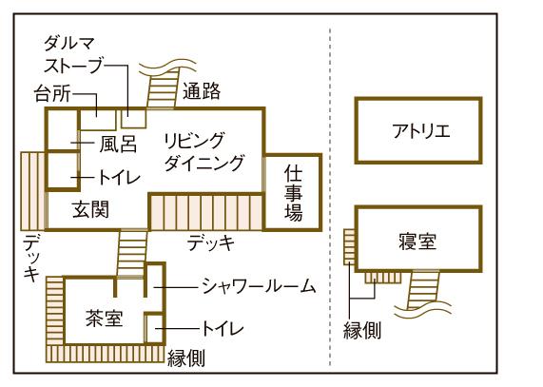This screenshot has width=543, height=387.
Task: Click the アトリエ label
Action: pyautogui.click(x=420, y=131)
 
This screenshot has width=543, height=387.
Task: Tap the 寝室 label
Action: pyautogui.click(x=417, y=242)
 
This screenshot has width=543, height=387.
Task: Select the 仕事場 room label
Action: pyautogui.click(x=293, y=194)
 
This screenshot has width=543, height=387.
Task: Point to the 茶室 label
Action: pyautogui.click(x=104, y=318)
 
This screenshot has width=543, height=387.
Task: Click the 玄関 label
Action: pyautogui.click(x=90, y=209)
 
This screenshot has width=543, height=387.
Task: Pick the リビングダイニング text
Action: pyautogui.click(x=204, y=151)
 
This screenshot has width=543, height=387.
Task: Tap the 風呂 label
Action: pyautogui.click(x=118, y=144)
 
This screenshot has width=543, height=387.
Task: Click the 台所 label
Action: pyautogui.click(x=52, y=93)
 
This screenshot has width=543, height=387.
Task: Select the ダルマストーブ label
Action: pyautogui.click(x=73, y=55)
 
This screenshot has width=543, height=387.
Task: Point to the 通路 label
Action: pyautogui.click(x=202, y=91)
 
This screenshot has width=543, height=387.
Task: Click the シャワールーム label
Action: pyautogui.click(x=259, y=287)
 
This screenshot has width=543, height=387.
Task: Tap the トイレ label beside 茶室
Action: pyautogui.click(x=223, y=328)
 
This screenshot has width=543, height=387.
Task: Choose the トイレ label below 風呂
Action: pyautogui.click(x=120, y=177)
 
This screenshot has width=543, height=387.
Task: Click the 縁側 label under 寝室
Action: pyautogui.click(x=362, y=330)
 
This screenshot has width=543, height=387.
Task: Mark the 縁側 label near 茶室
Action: pyautogui.click(x=186, y=358)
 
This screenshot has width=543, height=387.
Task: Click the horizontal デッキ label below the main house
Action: pyautogui.click(x=211, y=242)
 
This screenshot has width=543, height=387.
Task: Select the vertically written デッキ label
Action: pyautogui.click(x=31, y=257)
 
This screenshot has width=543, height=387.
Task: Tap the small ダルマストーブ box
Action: pyautogui.click(x=134, y=119)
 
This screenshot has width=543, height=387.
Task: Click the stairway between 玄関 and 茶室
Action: pyautogui.click(x=132, y=253)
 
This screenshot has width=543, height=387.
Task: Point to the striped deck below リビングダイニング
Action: pyautogui.click(x=206, y=213)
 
